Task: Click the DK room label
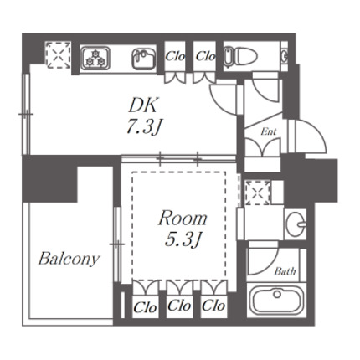pos(143,105)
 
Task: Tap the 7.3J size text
pos(144,127)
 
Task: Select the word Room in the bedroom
pos(183,219)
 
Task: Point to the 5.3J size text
pos(183,239)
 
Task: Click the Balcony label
pos(69,259)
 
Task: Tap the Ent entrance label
pos(269,131)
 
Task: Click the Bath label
pos(285,271)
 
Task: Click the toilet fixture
pos(240,57)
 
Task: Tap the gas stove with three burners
pos(95,58)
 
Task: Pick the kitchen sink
pos(143,59)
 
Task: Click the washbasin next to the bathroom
pos(296,224)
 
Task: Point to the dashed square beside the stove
pos(58,54)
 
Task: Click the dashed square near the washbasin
pos(258,193)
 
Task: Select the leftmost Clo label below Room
pos(146,308)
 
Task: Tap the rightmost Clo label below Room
pos(213,306)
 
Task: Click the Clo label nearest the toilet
pos(205,56)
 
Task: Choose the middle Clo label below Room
pos(179,306)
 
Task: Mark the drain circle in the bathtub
pos(277,294)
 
